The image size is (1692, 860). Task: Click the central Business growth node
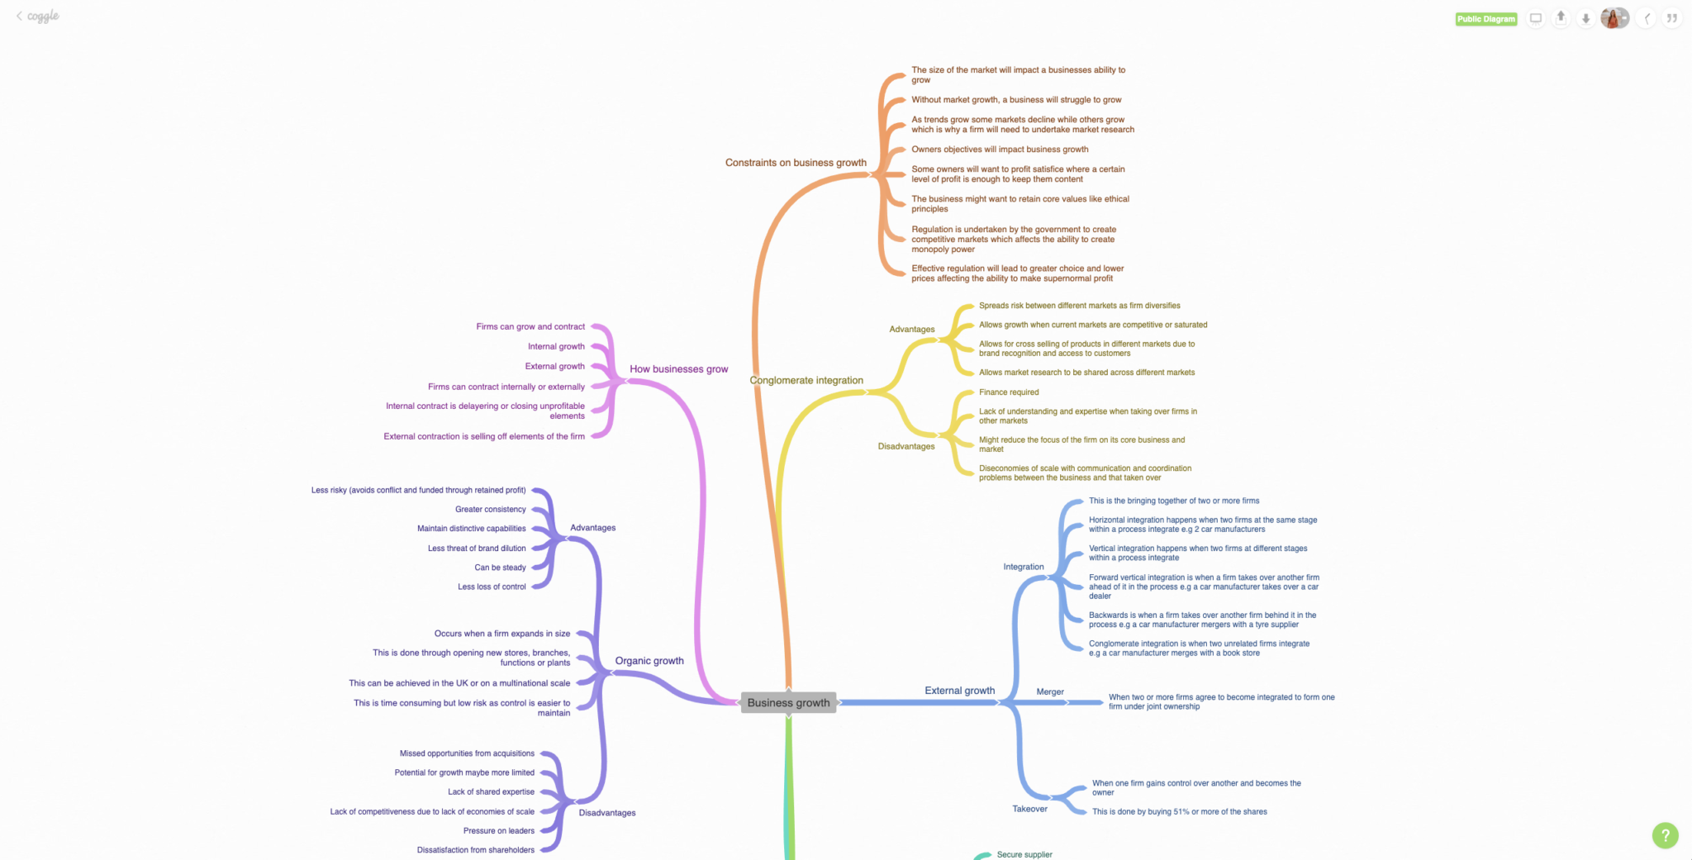point(788,703)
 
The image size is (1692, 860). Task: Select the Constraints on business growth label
point(796,163)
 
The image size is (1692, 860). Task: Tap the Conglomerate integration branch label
point(806,381)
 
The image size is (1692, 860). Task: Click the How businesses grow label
point(678,369)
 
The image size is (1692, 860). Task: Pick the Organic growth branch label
point(649,661)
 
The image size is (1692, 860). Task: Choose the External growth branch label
point(959,691)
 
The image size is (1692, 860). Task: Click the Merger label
point(1050,692)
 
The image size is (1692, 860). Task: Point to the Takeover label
point(1029,809)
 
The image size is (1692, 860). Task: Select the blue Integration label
point(1024,567)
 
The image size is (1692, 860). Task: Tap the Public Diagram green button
point(1485,19)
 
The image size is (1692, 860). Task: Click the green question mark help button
point(1665,835)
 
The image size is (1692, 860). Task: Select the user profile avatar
point(1614,18)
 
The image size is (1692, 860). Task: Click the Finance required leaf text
point(1009,392)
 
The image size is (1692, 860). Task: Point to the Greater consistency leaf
point(490,510)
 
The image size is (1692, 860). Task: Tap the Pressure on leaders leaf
point(498,831)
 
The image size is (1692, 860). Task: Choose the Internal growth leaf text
point(556,347)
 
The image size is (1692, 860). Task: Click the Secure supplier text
point(1024,855)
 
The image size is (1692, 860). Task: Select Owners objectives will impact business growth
point(1000,150)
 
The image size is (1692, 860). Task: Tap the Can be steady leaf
point(500,568)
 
